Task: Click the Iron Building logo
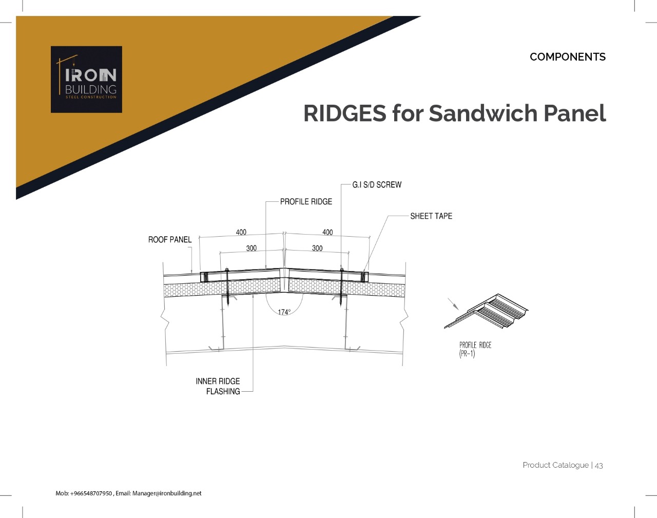point(86,80)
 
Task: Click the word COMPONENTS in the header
point(568,57)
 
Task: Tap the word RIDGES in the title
point(345,113)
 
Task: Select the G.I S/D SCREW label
point(377,185)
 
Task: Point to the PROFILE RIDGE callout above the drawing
point(306,202)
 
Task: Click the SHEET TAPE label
point(431,216)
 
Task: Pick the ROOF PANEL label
point(170,239)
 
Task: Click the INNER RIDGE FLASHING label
point(218,386)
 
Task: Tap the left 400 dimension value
point(241,232)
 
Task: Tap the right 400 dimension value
point(327,232)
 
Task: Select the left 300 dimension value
point(252,248)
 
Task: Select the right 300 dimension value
point(317,248)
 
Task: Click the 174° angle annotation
point(284,312)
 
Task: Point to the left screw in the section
point(227,287)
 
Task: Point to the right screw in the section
point(342,287)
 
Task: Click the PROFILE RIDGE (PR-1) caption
point(475,350)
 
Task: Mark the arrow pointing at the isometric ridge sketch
point(453,303)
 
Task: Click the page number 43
point(598,466)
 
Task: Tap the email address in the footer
point(167,493)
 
